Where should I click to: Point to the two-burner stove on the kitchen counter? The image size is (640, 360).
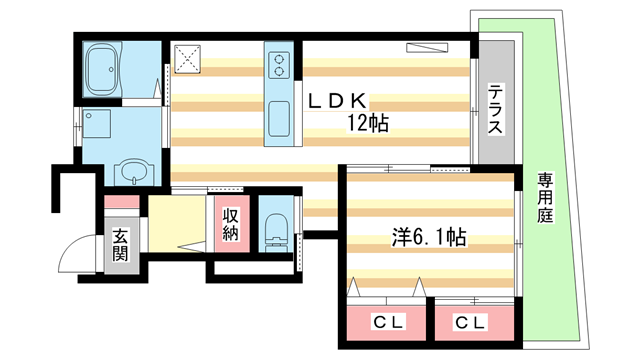[x=278, y=67]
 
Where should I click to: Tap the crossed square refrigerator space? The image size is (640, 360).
[x=189, y=60]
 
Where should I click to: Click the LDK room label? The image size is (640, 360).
[x=340, y=101]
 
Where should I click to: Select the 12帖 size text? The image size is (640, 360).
[x=367, y=124]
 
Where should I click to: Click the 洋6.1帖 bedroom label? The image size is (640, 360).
[x=429, y=240]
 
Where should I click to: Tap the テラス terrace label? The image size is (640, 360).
[x=495, y=109]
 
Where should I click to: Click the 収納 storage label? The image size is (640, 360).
[x=230, y=225]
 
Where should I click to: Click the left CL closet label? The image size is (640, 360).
[x=383, y=324]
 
